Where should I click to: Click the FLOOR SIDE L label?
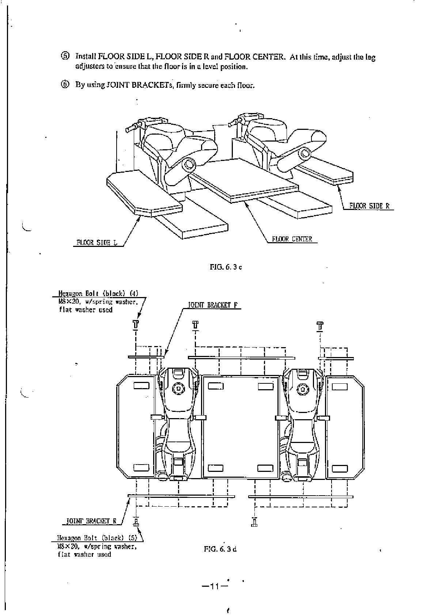coord(97,243)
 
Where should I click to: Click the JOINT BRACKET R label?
coord(91,521)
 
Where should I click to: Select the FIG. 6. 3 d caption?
coord(220,548)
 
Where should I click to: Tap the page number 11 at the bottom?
coord(214,586)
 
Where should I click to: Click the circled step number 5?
coord(64,56)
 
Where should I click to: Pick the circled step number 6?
coord(64,85)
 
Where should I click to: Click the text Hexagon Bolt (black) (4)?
coord(98,293)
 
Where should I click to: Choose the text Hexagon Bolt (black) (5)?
coord(97,538)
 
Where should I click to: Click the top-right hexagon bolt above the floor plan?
coord(320,325)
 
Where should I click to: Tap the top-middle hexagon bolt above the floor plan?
coord(195,324)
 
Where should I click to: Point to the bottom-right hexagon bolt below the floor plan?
coord(254,522)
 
